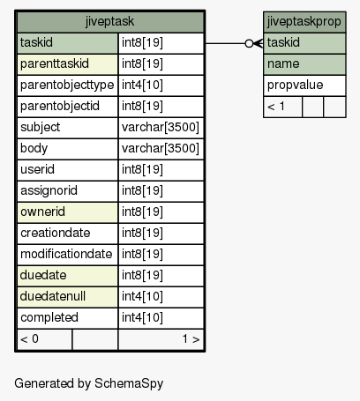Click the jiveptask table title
(109, 21)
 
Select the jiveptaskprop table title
(304, 21)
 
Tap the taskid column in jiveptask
(36, 42)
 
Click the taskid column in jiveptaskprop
(283, 42)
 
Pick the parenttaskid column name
(55, 63)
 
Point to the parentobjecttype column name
(67, 85)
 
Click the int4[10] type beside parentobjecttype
(142, 85)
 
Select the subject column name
(40, 127)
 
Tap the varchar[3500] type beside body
(161, 148)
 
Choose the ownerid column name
(42, 212)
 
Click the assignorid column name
(49, 190)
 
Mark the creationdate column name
(56, 233)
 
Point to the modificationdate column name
(66, 254)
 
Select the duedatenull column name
(53, 296)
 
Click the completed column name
(49, 317)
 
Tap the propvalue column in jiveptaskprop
(295, 85)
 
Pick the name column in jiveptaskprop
(283, 63)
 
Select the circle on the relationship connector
(249, 43)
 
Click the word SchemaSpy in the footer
(129, 383)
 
